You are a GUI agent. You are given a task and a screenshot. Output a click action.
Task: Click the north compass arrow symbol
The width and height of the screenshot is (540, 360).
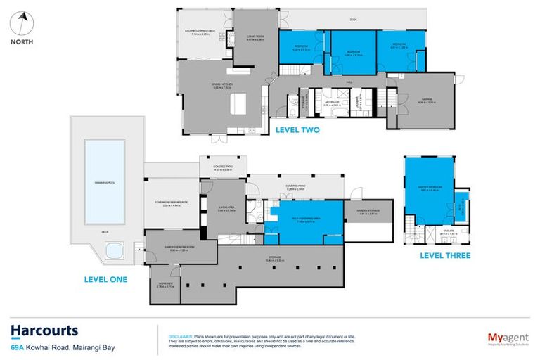coord(23,20)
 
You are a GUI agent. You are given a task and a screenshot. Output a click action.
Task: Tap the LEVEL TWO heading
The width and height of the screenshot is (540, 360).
coord(296,129)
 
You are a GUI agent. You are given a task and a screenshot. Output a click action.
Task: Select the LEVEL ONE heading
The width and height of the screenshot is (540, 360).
coord(103,279)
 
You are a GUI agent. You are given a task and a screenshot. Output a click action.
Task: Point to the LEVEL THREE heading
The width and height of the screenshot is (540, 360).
coord(445,255)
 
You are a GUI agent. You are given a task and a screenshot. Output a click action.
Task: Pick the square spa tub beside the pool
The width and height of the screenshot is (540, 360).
coord(111,250)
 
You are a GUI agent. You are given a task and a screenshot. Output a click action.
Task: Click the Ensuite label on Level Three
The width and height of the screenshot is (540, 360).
coord(430,229)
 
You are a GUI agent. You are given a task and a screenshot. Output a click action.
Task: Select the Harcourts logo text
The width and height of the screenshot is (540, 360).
coord(44,330)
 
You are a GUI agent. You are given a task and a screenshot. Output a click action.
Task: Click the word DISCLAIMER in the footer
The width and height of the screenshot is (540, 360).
coord(180,336)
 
